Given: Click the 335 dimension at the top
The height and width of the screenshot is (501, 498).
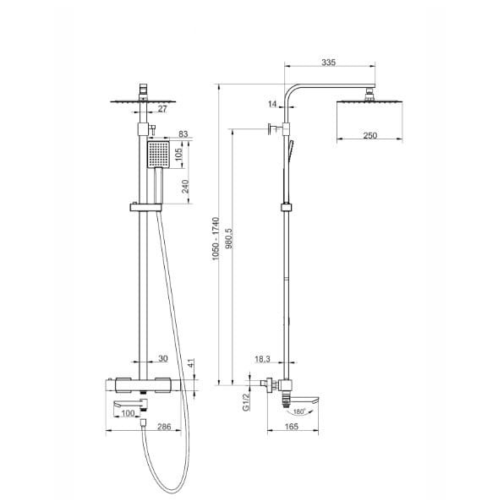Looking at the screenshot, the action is click(329, 63).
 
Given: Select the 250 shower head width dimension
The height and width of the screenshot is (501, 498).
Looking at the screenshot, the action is click(369, 135).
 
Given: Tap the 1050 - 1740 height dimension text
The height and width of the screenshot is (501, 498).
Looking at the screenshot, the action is click(216, 239).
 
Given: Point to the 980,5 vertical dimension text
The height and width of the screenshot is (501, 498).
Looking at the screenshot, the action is click(229, 238).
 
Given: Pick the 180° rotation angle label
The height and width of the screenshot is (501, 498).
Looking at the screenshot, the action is click(299, 411).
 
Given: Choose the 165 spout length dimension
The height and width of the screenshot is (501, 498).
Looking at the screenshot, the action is click(291, 427).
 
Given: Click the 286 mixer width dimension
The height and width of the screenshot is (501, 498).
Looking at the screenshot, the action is click(164, 427).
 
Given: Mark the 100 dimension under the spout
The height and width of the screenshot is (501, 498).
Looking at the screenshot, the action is click(128, 413).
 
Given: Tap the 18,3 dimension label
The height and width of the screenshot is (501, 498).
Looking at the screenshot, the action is click(262, 359).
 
